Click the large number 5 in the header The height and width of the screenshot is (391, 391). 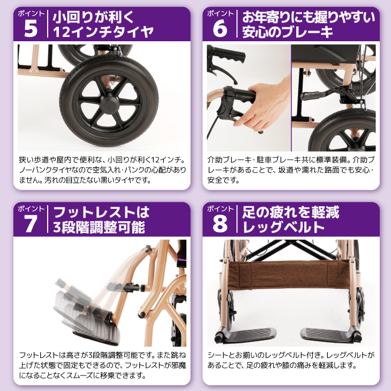point(31,29)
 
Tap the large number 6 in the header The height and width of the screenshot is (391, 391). point(220,29)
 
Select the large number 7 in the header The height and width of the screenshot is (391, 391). point(31,224)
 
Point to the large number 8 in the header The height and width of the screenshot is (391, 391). point(220,224)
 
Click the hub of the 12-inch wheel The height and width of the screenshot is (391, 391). point(109,103)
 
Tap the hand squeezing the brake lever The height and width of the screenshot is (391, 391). point(265,105)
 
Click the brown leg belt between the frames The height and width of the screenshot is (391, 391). point(289,274)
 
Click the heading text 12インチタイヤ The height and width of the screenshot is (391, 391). point(103,32)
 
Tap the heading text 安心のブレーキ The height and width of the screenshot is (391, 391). point(288,32)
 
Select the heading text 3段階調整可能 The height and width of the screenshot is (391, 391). point(99,227)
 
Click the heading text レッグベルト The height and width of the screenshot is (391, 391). point(283,227)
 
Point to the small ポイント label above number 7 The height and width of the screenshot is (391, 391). point(31,208)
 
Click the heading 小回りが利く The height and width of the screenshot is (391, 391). point(94,17)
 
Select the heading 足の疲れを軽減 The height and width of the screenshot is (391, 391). point(291,212)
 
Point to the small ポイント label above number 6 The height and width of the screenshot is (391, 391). point(220,13)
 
